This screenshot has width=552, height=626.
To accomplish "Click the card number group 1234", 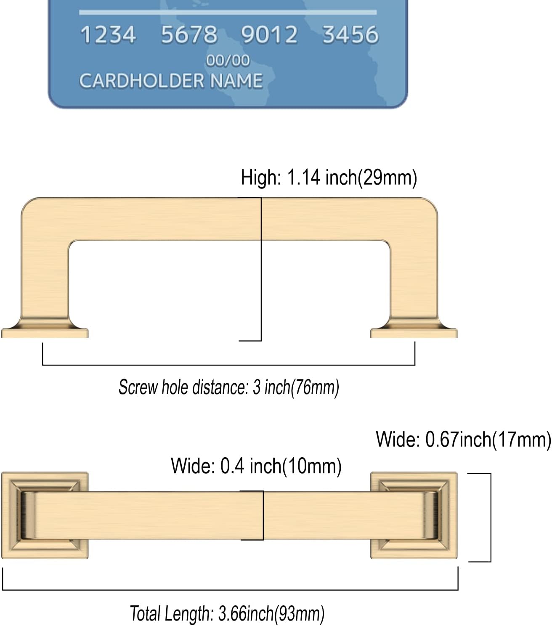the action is (x=108, y=34).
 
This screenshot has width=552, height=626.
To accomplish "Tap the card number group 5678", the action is (x=189, y=34).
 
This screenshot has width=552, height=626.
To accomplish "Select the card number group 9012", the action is (x=269, y=34).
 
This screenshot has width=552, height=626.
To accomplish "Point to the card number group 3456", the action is (x=350, y=34).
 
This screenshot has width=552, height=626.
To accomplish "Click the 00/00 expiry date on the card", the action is (x=228, y=61).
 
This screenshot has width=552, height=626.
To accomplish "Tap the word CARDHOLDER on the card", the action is (x=141, y=81).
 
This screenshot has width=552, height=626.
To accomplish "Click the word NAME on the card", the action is (x=236, y=81).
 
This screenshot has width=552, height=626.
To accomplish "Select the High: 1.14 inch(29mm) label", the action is (x=329, y=178).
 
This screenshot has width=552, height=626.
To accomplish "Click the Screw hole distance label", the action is (x=229, y=387).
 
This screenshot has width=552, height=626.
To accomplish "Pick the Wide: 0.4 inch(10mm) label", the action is (x=256, y=466).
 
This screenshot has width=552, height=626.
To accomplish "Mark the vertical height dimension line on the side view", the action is (x=261, y=269).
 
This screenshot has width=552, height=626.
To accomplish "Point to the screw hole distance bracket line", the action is (x=229, y=365).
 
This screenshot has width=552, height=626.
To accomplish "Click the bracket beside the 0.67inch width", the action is (x=491, y=517).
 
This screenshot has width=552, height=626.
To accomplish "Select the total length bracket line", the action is (x=230, y=590).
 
